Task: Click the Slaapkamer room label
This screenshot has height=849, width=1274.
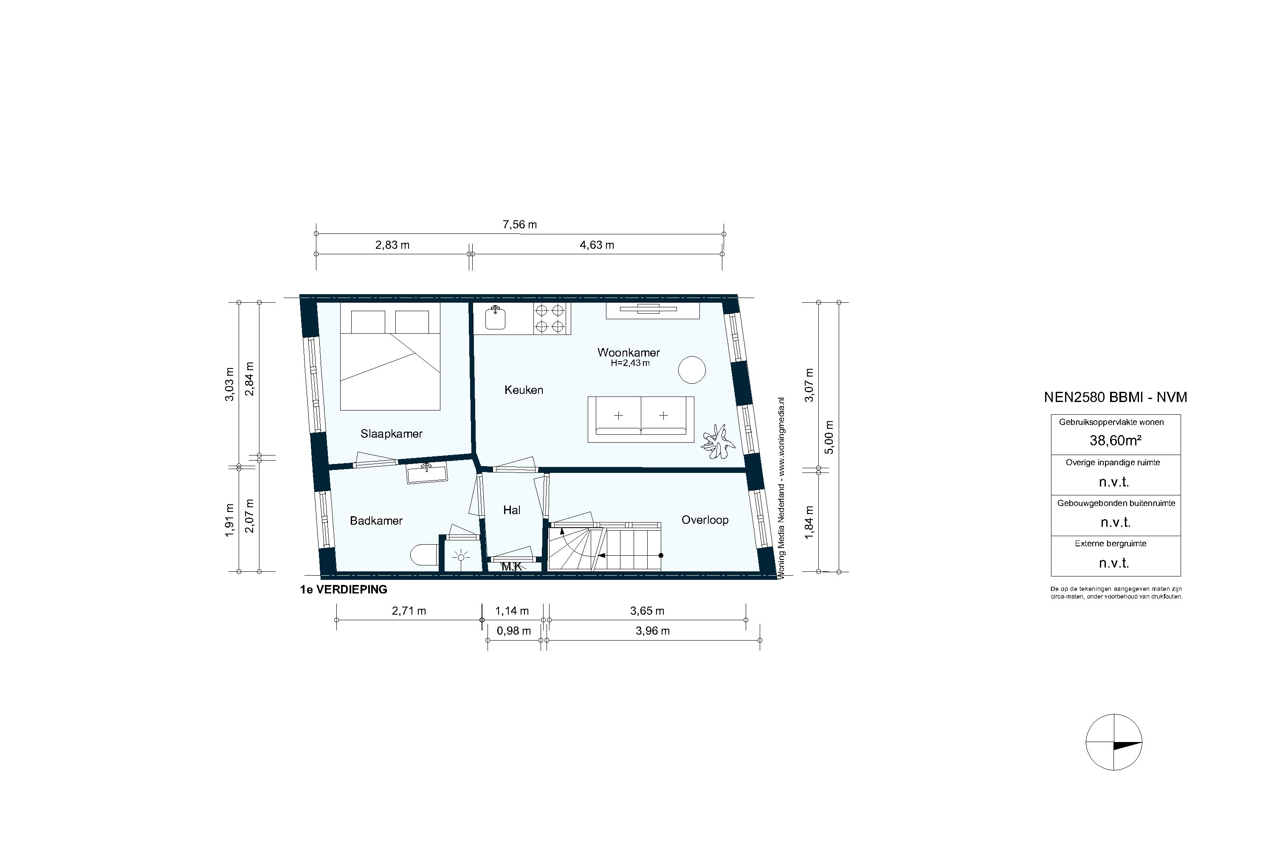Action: click(391, 434)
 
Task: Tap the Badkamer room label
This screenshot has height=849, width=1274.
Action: click(376, 521)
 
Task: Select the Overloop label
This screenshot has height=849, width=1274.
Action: click(705, 520)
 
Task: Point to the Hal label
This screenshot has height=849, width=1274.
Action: click(511, 510)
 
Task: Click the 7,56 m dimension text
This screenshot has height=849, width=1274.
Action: click(519, 225)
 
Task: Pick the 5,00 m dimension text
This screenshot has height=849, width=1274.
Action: click(829, 438)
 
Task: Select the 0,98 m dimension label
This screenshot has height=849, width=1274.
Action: click(513, 631)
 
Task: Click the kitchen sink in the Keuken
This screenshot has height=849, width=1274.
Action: click(495, 318)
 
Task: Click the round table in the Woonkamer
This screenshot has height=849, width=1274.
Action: click(692, 370)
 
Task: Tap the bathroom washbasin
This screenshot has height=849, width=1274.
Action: click(427, 474)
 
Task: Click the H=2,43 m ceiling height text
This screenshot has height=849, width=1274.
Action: click(630, 363)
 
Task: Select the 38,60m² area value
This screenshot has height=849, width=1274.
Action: click(1115, 441)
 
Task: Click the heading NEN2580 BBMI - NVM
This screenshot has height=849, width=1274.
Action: click(1115, 397)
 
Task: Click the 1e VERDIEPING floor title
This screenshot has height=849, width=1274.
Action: click(344, 590)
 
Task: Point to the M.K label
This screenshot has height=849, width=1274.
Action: click(511, 567)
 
